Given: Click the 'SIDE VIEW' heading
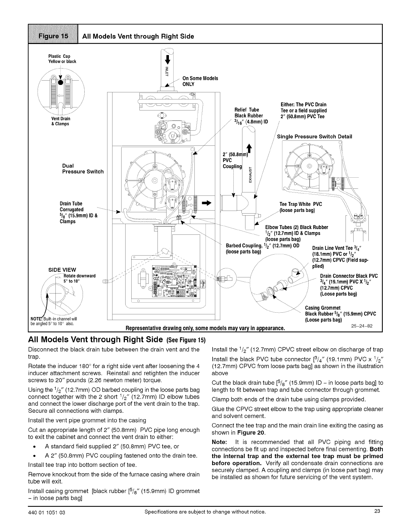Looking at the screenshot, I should coord(62,270).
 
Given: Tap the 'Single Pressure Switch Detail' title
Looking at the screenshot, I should coord(314,136).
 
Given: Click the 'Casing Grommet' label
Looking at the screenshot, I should coord(323,308).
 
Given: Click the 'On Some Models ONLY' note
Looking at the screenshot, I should coord(200,81).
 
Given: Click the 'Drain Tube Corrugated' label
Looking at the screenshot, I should coord(72,207).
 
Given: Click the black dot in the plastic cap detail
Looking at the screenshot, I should coord(60,83).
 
